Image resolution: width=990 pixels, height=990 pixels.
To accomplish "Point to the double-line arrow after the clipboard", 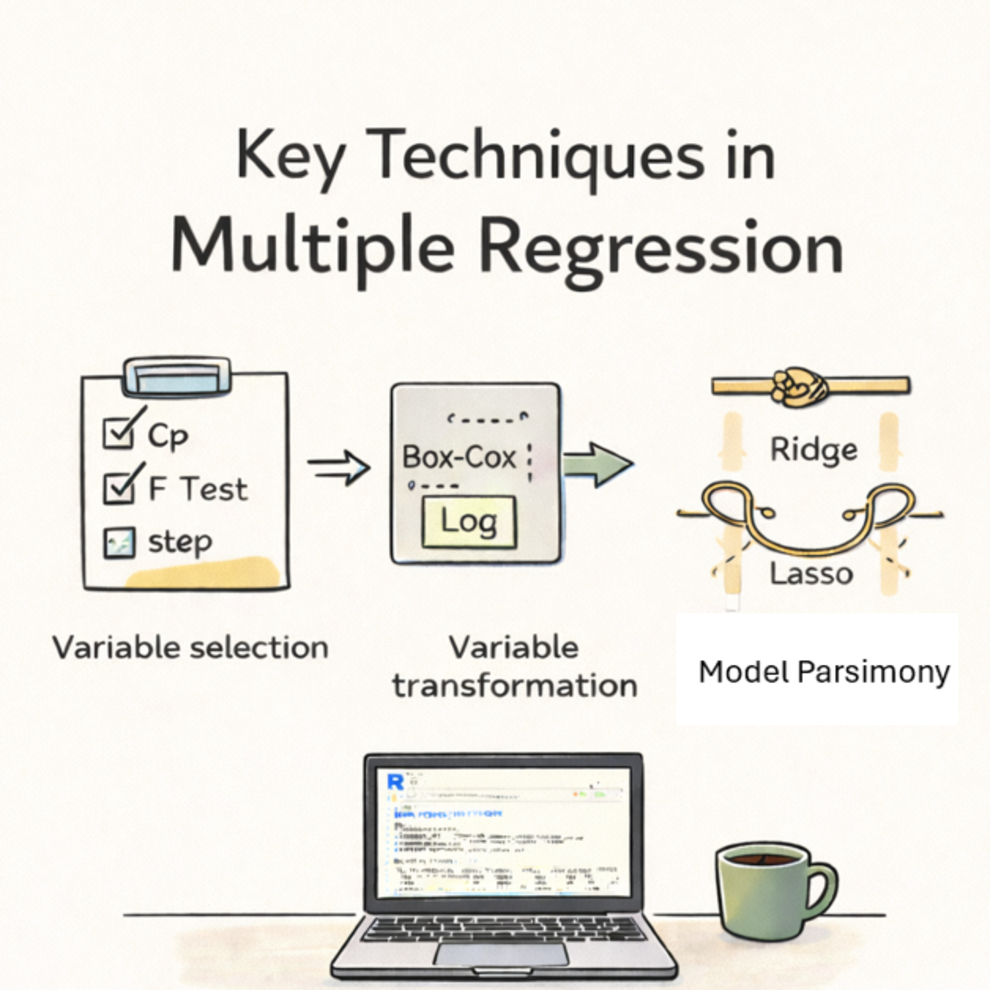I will (x=339, y=467).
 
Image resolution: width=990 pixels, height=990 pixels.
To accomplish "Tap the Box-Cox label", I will (x=459, y=457).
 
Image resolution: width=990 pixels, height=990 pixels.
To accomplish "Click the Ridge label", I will (x=813, y=449).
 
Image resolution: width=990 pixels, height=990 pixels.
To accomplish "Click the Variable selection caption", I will (x=190, y=648).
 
